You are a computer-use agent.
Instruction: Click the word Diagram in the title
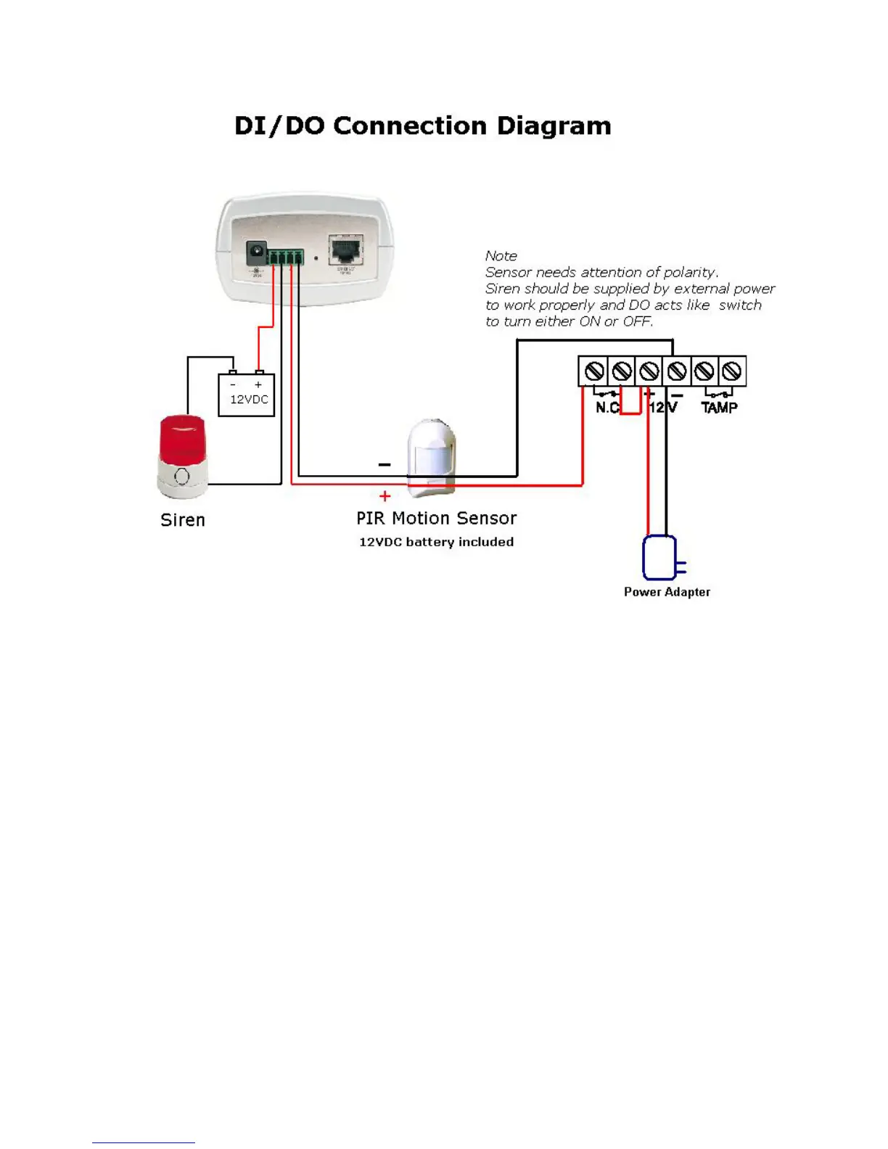click(554, 126)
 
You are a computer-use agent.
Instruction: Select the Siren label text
click(183, 520)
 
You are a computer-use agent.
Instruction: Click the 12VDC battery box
click(247, 395)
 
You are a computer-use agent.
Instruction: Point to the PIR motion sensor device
click(432, 457)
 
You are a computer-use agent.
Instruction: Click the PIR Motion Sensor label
click(436, 519)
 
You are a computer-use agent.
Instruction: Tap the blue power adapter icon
click(660, 558)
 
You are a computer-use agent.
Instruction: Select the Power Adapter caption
click(667, 592)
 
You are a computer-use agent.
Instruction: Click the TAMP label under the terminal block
click(719, 408)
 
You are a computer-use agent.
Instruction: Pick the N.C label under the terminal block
click(607, 408)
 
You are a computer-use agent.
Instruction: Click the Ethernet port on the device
click(346, 250)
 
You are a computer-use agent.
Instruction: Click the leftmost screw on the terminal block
click(594, 371)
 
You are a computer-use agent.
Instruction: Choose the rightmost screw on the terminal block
click(732, 371)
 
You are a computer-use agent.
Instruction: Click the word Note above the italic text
click(501, 256)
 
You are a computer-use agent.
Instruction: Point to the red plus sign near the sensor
click(385, 496)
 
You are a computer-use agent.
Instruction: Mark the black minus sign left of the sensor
click(385, 464)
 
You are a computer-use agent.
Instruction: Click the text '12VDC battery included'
click(436, 542)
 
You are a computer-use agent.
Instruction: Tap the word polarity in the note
click(690, 272)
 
